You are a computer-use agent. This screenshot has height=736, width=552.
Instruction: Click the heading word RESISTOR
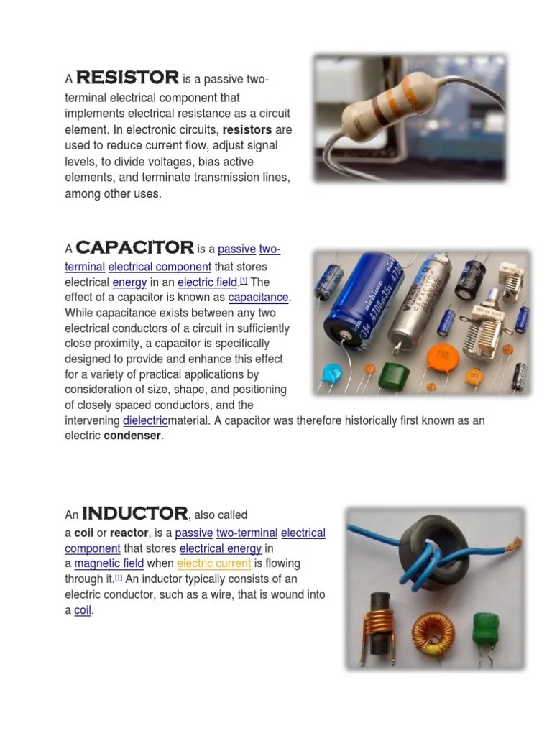pos(127,78)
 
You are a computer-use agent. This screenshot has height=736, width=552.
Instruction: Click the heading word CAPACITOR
pos(134,249)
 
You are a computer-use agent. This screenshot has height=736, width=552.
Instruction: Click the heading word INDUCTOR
pos(134,514)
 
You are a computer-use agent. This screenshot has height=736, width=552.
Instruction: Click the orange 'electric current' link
pos(213,563)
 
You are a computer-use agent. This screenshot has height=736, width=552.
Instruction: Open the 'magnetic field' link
pos(109,563)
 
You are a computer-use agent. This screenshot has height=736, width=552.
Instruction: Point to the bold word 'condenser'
pos(132,436)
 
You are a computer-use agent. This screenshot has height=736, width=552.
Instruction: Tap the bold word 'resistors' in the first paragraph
pos(247,130)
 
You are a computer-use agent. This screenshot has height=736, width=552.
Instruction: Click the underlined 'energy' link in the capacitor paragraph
pos(129,282)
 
